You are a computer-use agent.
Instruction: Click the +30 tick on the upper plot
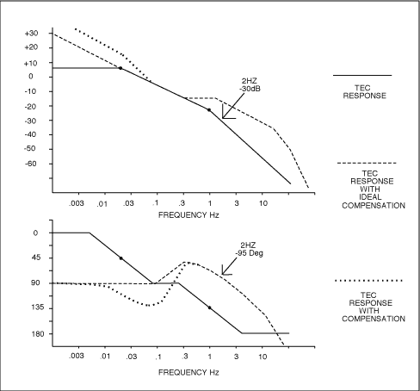pos(31,33)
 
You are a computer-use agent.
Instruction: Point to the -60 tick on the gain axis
pos(32,164)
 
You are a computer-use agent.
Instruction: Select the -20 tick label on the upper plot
pos(32,106)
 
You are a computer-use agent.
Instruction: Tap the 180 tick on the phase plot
pos(34,333)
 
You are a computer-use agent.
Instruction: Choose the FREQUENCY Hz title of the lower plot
pos(188,373)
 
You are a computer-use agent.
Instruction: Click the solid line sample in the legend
pos(362,76)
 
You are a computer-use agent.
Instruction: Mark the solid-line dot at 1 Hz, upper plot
pos(209,110)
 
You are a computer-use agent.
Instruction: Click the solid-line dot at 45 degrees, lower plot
pos(121,258)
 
